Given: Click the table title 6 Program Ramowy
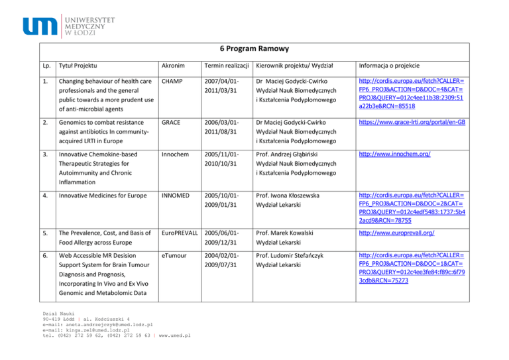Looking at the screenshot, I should [x=254, y=49].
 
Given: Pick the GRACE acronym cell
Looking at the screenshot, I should [x=173, y=123].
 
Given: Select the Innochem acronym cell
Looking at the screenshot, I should [x=176, y=154].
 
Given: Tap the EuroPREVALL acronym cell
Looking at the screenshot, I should [x=182, y=233].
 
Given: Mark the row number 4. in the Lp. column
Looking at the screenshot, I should [x=46, y=196].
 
